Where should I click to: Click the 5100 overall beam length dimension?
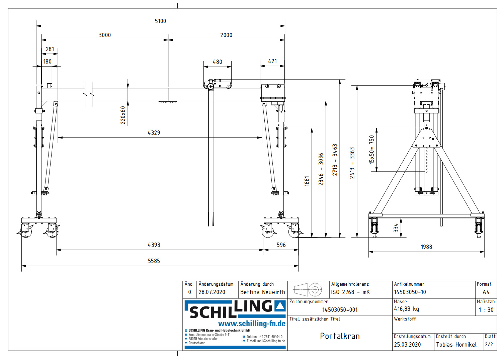point(160,21)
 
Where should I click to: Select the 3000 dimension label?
point(104,35)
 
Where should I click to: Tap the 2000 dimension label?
point(226,35)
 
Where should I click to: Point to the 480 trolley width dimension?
point(217,62)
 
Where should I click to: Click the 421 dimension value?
point(272,61)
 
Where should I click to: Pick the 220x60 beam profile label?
point(123,115)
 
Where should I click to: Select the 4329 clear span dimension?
point(154,133)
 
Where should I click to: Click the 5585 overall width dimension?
point(154,261)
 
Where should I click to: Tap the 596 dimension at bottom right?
point(281,245)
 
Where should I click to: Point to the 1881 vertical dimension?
point(307,181)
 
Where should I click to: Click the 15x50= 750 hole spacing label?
point(372,150)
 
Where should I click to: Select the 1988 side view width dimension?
point(426,247)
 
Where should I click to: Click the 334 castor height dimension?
point(396,228)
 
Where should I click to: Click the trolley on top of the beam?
point(218,85)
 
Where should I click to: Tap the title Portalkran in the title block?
point(340,336)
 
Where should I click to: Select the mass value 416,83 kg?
point(406,309)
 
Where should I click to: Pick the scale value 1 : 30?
point(486,310)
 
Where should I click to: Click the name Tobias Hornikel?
point(456,345)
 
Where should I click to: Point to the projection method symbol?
point(308,289)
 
